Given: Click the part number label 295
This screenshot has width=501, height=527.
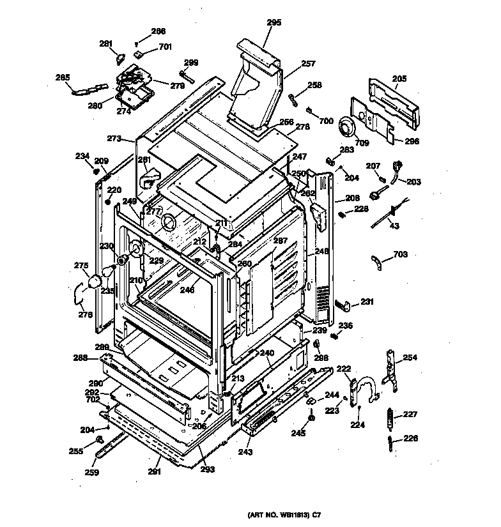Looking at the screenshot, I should [274, 22].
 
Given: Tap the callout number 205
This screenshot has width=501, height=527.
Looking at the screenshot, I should [399, 79].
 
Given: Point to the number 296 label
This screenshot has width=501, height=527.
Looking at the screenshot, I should [412, 141].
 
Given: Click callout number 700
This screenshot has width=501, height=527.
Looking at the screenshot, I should [326, 121].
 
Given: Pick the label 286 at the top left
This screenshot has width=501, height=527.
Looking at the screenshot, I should [158, 31].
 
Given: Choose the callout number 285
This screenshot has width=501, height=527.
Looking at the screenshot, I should [63, 78].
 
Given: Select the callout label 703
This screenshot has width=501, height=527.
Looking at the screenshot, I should [400, 254].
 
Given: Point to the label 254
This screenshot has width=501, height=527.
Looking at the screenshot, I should [410, 358].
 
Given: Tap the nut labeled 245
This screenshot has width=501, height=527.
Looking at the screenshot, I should [311, 419].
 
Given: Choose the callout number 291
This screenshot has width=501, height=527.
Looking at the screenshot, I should [154, 472].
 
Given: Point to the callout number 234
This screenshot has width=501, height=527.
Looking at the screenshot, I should [82, 155].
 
